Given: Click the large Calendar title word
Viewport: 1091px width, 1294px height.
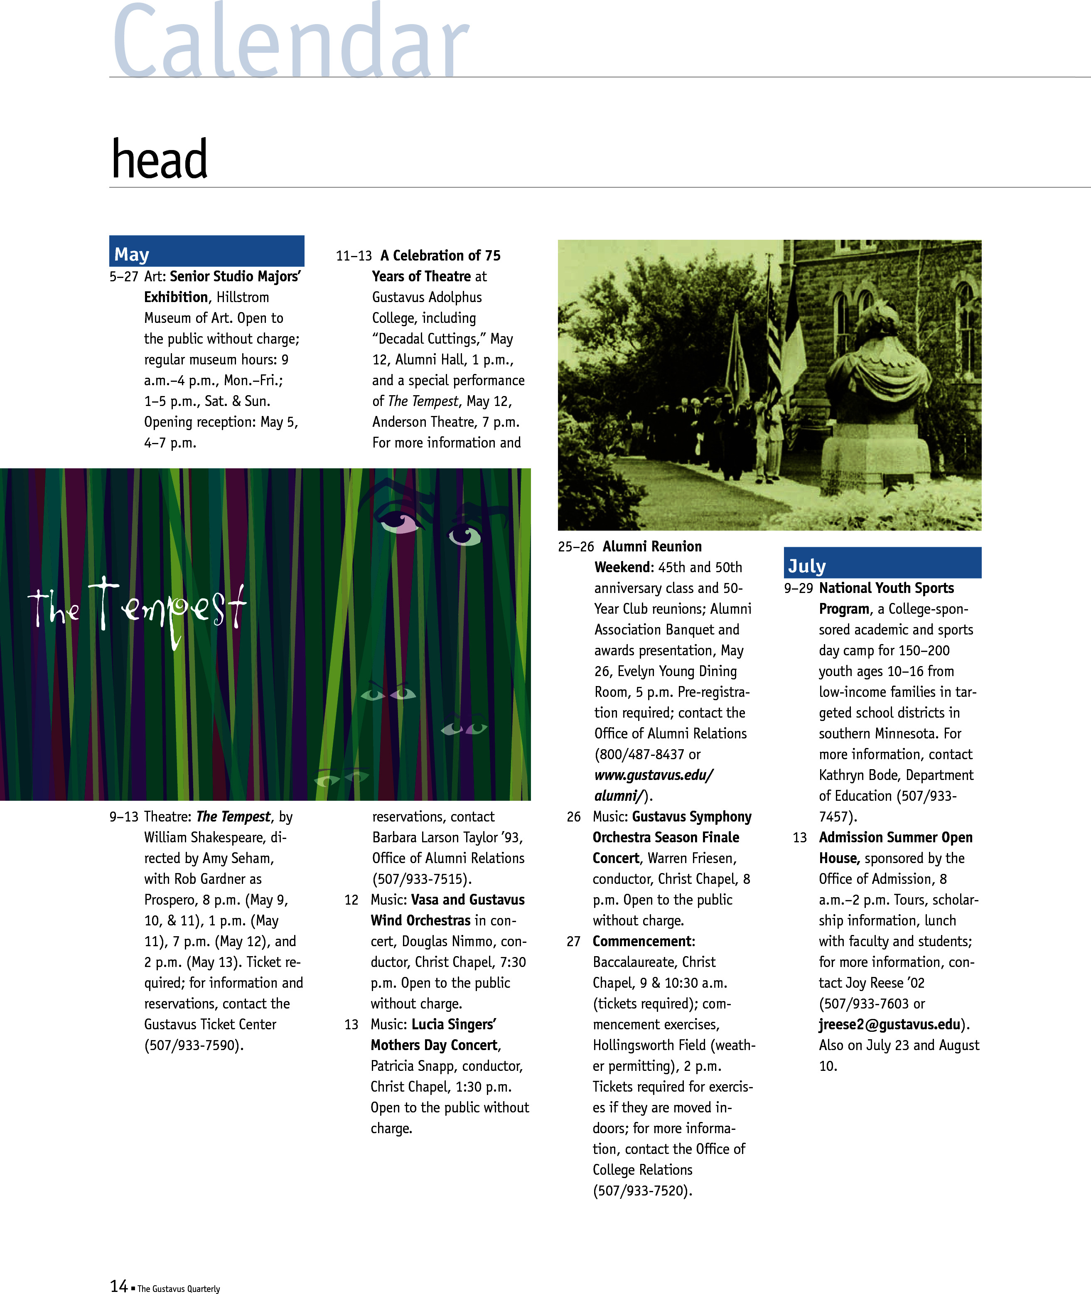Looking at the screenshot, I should (291, 40).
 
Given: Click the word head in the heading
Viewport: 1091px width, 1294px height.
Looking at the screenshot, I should (159, 159).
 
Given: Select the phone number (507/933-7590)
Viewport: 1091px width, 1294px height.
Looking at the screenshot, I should (194, 1046).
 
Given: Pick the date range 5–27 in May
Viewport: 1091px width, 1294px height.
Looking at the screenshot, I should (124, 276).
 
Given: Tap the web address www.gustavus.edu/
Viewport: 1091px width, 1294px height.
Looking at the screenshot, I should (654, 775).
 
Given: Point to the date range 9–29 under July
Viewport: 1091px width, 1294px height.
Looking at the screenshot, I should (798, 588).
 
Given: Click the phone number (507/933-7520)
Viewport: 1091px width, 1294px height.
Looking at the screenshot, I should (642, 1191).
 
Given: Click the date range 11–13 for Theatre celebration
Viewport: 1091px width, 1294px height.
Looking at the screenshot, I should (354, 256).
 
